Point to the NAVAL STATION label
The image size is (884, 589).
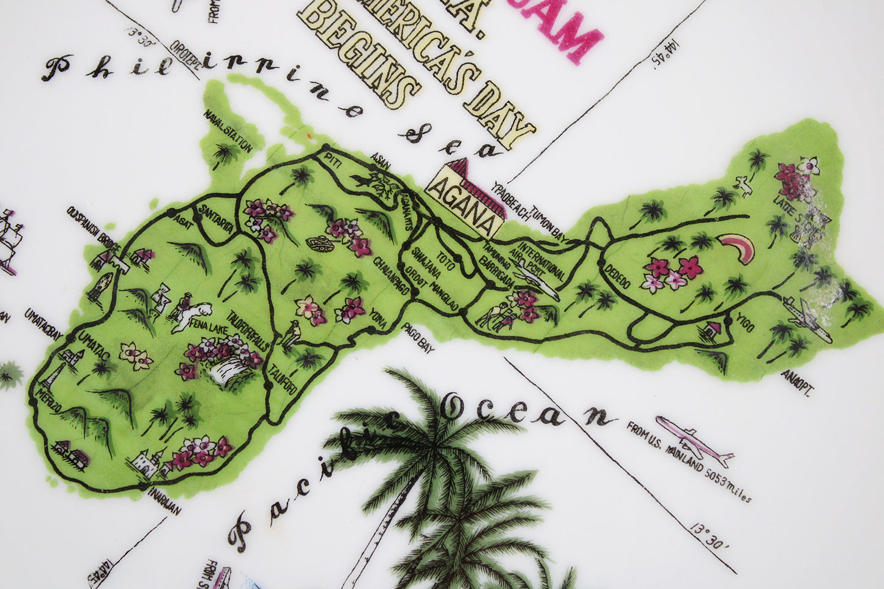click(x=228, y=131)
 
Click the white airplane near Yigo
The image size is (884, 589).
click(x=808, y=320)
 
